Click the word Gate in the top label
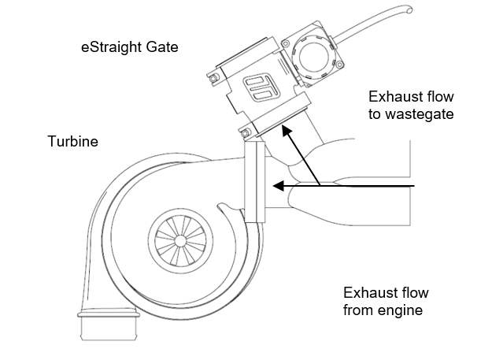click(x=162, y=46)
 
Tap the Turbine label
click(x=72, y=141)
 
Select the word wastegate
click(x=420, y=114)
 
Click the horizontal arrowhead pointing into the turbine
click(x=279, y=186)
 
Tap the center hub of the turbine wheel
click(x=179, y=241)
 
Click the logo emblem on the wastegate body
click(x=261, y=87)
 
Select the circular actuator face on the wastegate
click(x=314, y=57)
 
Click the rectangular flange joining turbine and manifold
click(x=255, y=182)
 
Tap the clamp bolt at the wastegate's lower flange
click(x=246, y=133)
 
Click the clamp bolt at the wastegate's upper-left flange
click(x=214, y=77)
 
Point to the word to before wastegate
click(x=375, y=114)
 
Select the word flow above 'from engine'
click(x=414, y=292)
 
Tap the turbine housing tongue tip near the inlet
click(x=220, y=206)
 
